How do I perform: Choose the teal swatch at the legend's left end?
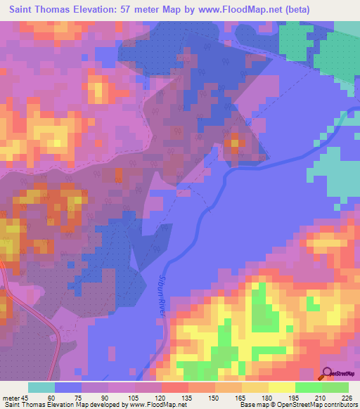pyautogui.click(x=41, y=387)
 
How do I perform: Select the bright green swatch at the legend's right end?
pyautogui.click(x=335, y=387)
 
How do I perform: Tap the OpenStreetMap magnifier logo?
pyautogui.click(x=327, y=373)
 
